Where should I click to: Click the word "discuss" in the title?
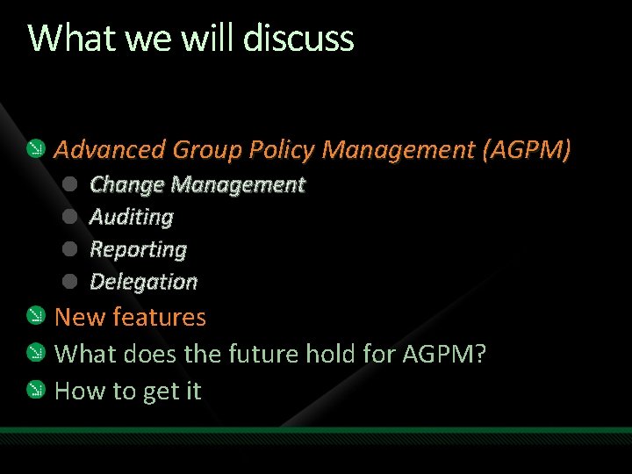(298, 39)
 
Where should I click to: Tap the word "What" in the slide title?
(59, 39)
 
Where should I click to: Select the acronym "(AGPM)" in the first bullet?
(527, 150)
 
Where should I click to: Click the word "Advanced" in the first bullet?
(110, 150)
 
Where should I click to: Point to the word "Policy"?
(281, 150)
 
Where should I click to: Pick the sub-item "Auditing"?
(132, 217)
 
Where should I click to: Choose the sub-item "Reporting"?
(139, 249)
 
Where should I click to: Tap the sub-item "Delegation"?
(144, 282)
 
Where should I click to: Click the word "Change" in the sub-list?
(127, 184)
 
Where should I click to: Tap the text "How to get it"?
(128, 391)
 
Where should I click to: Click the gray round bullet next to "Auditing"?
(72, 217)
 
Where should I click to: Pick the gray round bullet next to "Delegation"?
(72, 282)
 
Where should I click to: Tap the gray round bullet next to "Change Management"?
(72, 184)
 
